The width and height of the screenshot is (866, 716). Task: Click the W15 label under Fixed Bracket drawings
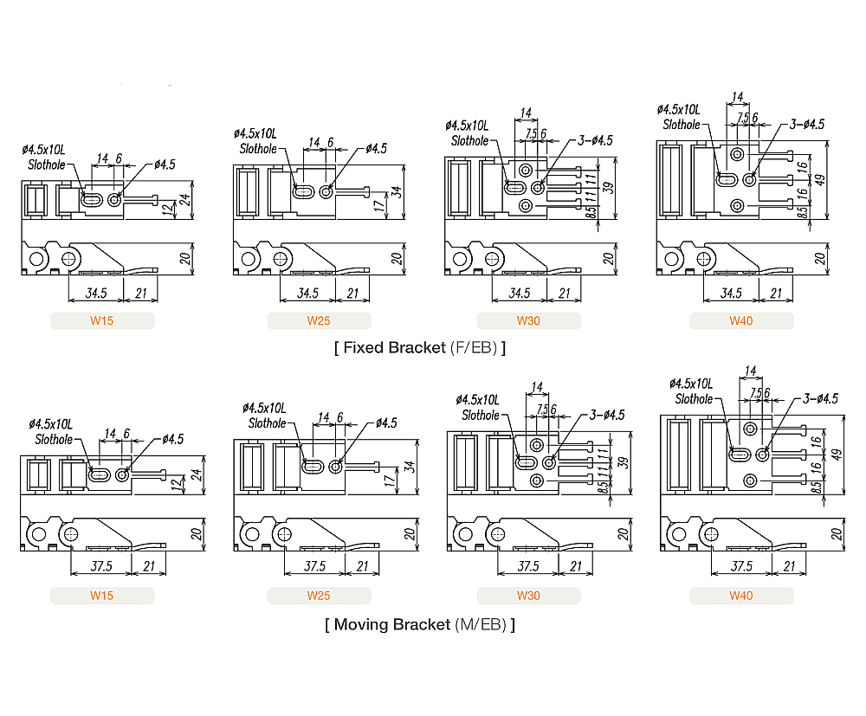pyautogui.click(x=102, y=321)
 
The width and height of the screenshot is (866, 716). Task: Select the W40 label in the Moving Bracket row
pyautogui.click(x=741, y=596)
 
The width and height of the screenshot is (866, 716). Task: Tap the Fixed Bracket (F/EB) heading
pyautogui.click(x=420, y=348)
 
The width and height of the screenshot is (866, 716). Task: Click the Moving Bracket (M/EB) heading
pyautogui.click(x=420, y=624)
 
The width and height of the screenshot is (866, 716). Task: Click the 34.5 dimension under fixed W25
pyautogui.click(x=308, y=293)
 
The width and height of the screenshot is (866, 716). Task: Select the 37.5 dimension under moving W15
pyautogui.click(x=101, y=566)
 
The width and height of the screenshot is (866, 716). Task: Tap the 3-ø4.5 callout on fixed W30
pyautogui.click(x=591, y=140)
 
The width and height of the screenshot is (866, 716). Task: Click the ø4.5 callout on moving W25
pyautogui.click(x=386, y=423)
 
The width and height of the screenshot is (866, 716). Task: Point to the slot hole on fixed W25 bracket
pyautogui.click(x=305, y=192)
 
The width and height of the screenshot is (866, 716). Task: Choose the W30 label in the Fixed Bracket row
pyautogui.click(x=528, y=321)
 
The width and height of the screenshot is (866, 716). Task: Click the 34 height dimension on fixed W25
pyautogui.click(x=397, y=191)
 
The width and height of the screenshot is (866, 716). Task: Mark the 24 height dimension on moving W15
pyautogui.click(x=196, y=474)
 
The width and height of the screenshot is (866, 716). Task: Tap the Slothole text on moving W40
pyautogui.click(x=694, y=399)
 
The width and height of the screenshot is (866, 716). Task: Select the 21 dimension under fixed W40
pyautogui.click(x=776, y=293)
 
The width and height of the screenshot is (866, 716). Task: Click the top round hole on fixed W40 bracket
pyautogui.click(x=737, y=153)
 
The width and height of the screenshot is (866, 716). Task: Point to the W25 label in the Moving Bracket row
pyautogui.click(x=319, y=596)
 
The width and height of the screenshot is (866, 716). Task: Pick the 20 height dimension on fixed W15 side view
pyautogui.click(x=184, y=258)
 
